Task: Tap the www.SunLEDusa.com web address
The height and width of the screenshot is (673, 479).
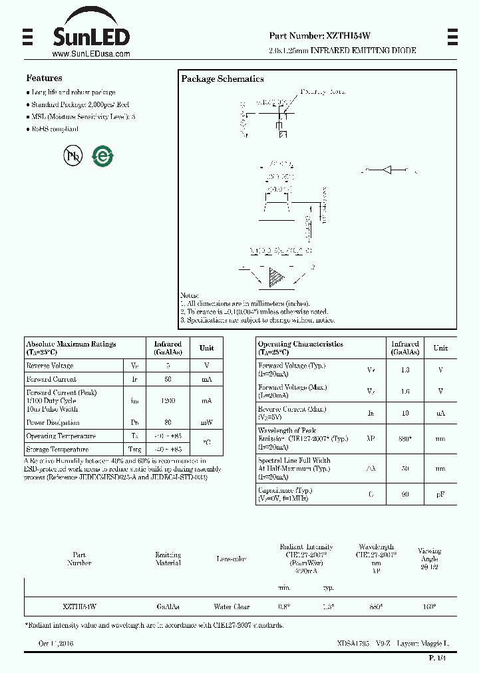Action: pyautogui.click(x=90, y=55)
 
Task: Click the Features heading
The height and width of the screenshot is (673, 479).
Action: pyautogui.click(x=44, y=78)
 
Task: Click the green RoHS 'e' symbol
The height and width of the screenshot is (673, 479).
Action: pyautogui.click(x=103, y=156)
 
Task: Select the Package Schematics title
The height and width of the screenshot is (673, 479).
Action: pyautogui.click(x=222, y=78)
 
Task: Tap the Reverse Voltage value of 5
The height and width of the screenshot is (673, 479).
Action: pyautogui.click(x=168, y=366)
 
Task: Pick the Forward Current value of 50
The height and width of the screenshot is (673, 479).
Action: pyautogui.click(x=168, y=379)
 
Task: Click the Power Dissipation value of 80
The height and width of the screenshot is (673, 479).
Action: pyautogui.click(x=168, y=422)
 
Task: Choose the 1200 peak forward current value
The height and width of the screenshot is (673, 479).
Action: pyautogui.click(x=168, y=401)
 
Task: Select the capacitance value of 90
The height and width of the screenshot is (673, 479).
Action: pyautogui.click(x=405, y=495)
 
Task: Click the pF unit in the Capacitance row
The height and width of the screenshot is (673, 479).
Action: pyautogui.click(x=440, y=495)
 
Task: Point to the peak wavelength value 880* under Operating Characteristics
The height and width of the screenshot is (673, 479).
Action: pyautogui.click(x=405, y=439)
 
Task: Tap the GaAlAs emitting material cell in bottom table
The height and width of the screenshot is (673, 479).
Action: pyautogui.click(x=168, y=607)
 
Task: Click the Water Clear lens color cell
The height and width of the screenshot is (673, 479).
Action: pyautogui.click(x=232, y=607)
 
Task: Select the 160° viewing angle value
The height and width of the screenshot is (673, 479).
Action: pyautogui.click(x=429, y=607)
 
